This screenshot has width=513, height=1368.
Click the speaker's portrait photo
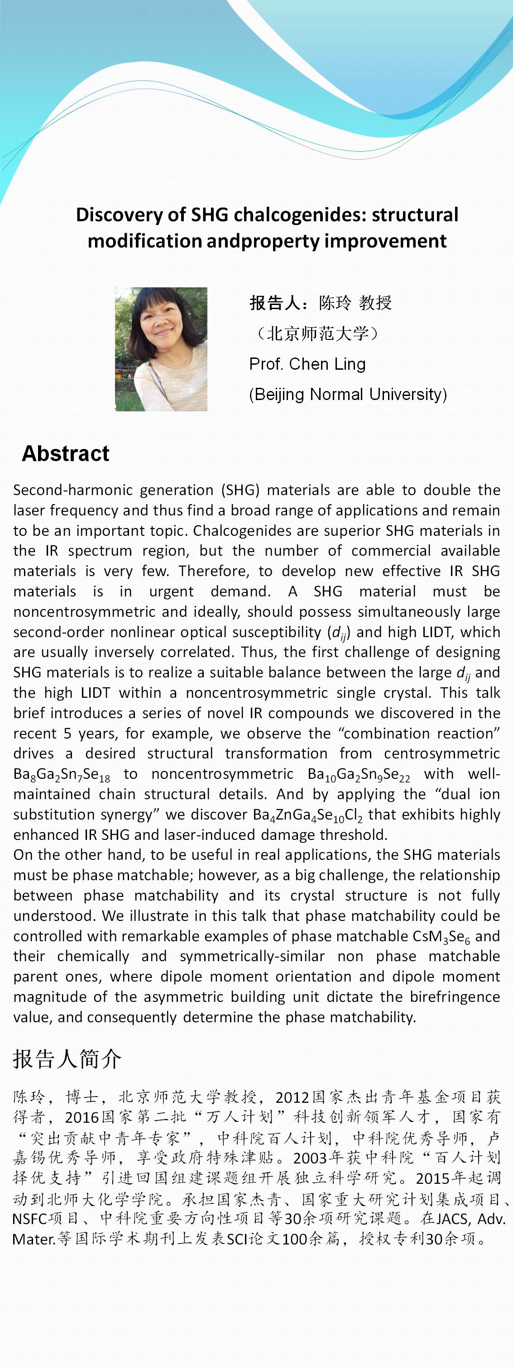(161, 349)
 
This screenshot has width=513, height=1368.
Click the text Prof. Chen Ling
(307, 364)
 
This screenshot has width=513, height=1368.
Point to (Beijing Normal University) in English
(348, 394)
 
